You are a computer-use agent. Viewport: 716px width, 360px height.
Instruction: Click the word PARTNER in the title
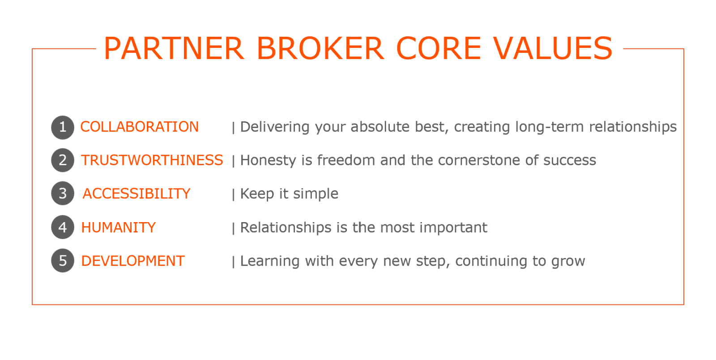click(174, 48)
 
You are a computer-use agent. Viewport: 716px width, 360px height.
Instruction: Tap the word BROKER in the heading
click(320, 48)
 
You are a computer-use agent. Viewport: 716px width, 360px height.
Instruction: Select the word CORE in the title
click(439, 48)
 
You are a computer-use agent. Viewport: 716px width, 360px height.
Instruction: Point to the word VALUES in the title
click(553, 48)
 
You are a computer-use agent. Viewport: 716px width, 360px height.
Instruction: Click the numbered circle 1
click(63, 127)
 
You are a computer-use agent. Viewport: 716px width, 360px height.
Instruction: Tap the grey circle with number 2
click(63, 160)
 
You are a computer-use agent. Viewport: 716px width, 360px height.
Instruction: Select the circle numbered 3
click(63, 193)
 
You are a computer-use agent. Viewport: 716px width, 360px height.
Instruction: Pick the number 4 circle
click(63, 227)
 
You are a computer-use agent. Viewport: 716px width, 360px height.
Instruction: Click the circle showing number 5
click(63, 261)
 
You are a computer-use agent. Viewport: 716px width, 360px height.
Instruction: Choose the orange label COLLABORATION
click(139, 127)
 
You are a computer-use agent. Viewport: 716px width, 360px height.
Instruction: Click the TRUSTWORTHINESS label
click(152, 160)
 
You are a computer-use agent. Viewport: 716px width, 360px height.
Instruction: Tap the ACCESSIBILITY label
click(136, 194)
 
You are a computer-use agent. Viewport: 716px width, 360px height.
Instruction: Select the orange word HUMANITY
click(118, 227)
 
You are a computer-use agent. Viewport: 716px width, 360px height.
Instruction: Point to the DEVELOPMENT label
click(132, 261)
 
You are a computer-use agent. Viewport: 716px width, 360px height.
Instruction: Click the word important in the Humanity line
click(453, 227)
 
